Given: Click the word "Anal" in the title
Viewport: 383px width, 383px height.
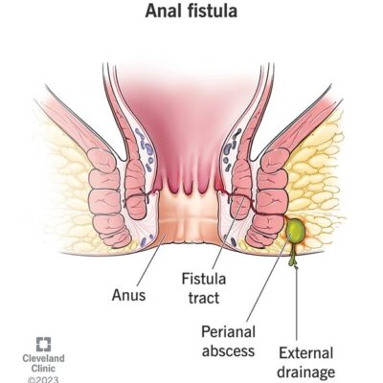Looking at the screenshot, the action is pos(162,11).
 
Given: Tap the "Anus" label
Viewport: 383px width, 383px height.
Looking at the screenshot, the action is pos(128,295).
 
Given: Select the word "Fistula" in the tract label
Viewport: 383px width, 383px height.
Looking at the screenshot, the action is pos(204,279).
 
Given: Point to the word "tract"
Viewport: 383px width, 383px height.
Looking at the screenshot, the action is pos(204,298).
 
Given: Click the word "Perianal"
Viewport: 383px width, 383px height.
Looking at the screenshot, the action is pos(229,332).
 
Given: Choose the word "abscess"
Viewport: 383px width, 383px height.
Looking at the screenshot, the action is pos(229,350).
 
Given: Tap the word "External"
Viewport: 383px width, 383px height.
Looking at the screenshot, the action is pos(305,353).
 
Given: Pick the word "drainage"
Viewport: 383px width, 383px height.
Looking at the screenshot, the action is pos(305,372).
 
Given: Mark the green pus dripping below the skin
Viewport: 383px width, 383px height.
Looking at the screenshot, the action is pos(293,258).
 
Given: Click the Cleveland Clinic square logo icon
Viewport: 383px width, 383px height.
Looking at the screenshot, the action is pos(43,345).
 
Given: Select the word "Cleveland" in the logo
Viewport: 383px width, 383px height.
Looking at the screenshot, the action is pos(43,358).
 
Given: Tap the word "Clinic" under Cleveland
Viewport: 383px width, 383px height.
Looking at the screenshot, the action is pos(43,369).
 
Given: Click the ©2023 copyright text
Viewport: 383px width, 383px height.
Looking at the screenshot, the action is pos(43,379).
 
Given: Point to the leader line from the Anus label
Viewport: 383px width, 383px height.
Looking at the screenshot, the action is pos(150,260).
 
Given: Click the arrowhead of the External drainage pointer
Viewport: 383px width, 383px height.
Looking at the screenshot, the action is pos(296,268).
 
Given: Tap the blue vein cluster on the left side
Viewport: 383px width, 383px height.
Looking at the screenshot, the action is pos(145,148).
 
